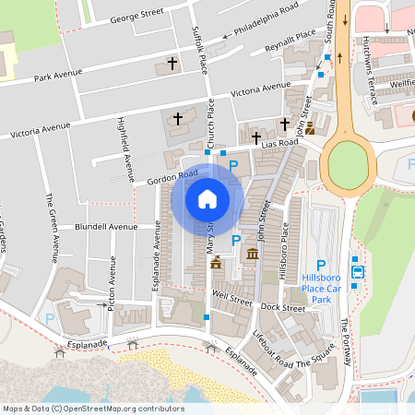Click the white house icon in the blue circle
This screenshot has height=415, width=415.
207,199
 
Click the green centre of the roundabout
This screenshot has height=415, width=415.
348,164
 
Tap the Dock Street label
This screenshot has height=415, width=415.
282,308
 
